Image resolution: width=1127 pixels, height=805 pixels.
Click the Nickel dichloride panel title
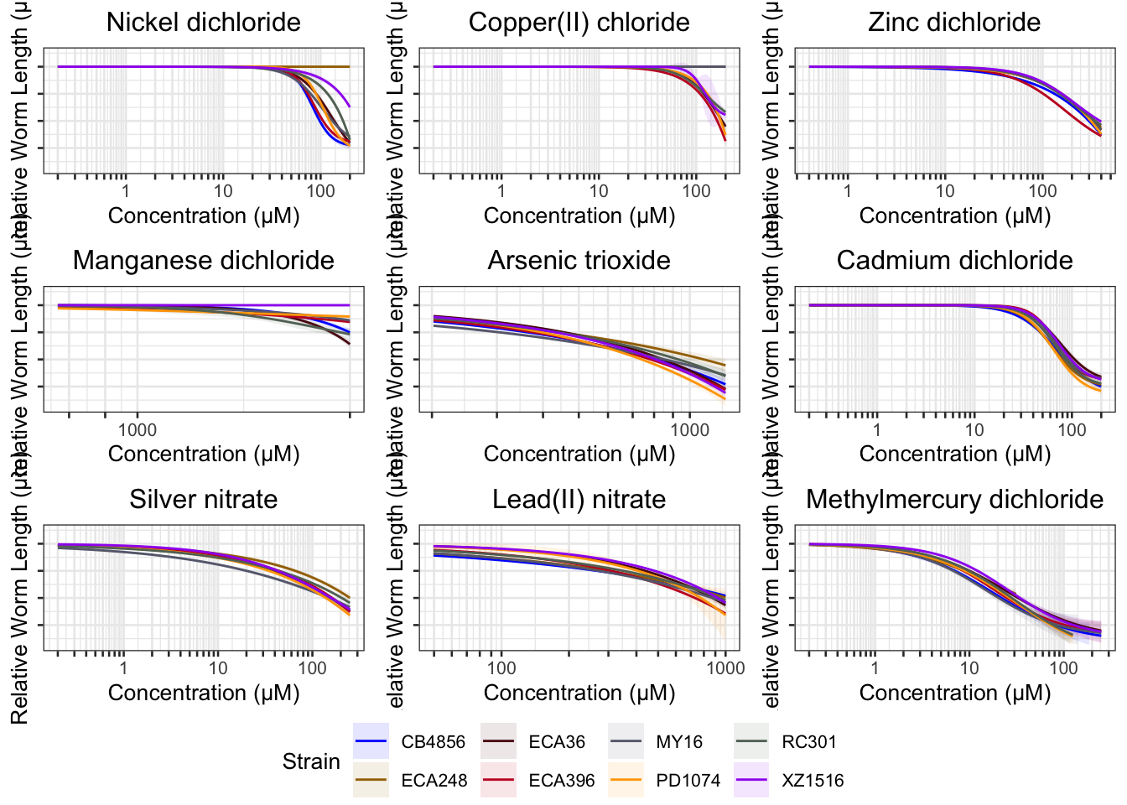pyautogui.click(x=203, y=23)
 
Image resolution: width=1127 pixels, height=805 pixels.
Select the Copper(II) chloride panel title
pyautogui.click(x=579, y=23)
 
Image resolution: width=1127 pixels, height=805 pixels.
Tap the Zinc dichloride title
pyautogui.click(x=954, y=23)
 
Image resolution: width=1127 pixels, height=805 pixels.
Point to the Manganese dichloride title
pyautogui.click(x=203, y=261)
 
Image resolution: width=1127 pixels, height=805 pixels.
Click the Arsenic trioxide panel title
pyautogui.click(x=579, y=261)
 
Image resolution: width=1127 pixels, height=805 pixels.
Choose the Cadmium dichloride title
pyautogui.click(x=954, y=261)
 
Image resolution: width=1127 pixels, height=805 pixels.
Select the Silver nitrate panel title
pyautogui.click(x=203, y=500)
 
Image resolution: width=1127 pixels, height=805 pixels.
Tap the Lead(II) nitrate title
pyautogui.click(x=579, y=500)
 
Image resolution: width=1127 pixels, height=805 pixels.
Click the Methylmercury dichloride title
pyautogui.click(x=954, y=500)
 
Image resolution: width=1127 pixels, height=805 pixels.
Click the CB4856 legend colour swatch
pyautogui.click(x=371, y=741)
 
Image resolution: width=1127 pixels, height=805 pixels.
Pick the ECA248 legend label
pyautogui.click(x=434, y=781)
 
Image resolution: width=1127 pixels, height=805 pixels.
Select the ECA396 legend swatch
pyautogui.click(x=498, y=781)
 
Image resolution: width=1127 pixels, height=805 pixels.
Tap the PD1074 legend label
pyautogui.click(x=688, y=781)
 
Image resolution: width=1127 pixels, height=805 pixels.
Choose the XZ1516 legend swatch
pyautogui.click(x=751, y=781)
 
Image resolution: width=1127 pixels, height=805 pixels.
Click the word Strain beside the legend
pyautogui.click(x=311, y=761)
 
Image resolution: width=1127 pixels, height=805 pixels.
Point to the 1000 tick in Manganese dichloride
pyautogui.click(x=138, y=430)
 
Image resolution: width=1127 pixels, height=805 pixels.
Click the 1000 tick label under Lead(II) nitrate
pyautogui.click(x=725, y=668)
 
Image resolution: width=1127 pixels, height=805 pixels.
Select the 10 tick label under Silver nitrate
pyautogui.click(x=218, y=668)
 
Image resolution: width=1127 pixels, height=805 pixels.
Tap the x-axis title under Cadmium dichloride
pyautogui.click(x=954, y=454)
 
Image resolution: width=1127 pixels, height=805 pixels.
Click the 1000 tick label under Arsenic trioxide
pyautogui.click(x=689, y=430)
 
